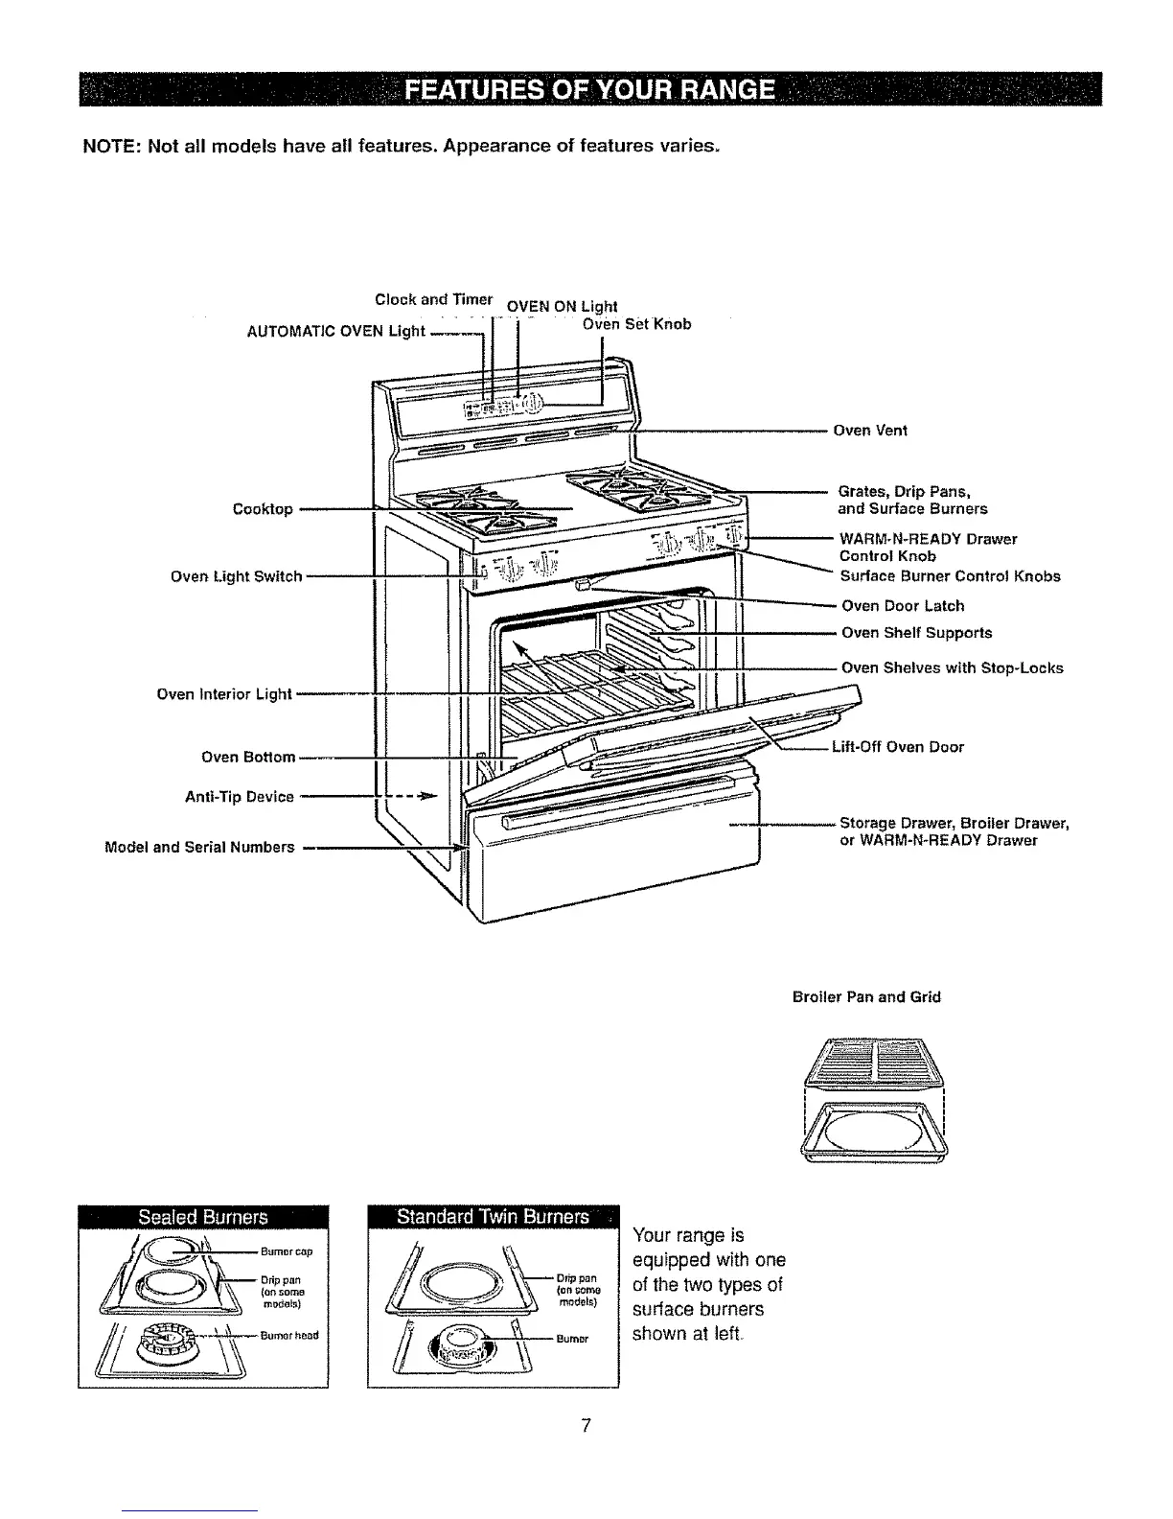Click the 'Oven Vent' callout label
pyautogui.click(x=869, y=431)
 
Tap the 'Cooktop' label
pyautogui.click(x=263, y=509)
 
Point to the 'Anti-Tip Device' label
pyautogui.click(x=239, y=797)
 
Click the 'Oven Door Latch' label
pyautogui.click(x=903, y=606)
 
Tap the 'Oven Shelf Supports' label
pyautogui.click(x=916, y=633)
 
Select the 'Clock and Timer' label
pyautogui.click(x=434, y=299)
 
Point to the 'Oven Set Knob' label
pyautogui.click(x=636, y=324)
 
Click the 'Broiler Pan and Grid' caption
pyautogui.click(x=866, y=997)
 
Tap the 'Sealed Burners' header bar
pyautogui.click(x=203, y=1217)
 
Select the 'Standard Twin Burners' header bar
pyautogui.click(x=494, y=1217)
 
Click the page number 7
pyautogui.click(x=586, y=1425)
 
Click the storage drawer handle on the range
pyautogui.click(x=613, y=805)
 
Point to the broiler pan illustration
pyautogui.click(x=872, y=1132)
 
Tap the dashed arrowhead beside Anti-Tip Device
pyautogui.click(x=429, y=796)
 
